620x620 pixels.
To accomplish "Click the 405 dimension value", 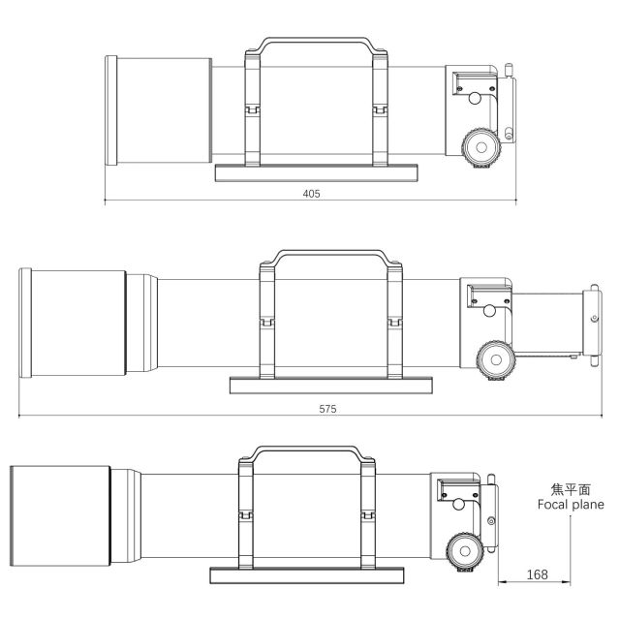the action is (x=311, y=194).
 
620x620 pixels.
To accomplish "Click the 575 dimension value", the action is (x=327, y=409).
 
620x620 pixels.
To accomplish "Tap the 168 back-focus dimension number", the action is (x=537, y=574).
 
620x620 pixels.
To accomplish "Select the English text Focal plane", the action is (x=571, y=505).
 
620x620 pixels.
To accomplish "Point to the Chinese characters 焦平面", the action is (x=571, y=489).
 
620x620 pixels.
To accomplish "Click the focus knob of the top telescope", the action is (x=481, y=147).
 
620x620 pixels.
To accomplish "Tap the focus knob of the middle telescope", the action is (x=495, y=359).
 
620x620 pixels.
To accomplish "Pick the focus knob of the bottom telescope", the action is (x=465, y=551).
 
